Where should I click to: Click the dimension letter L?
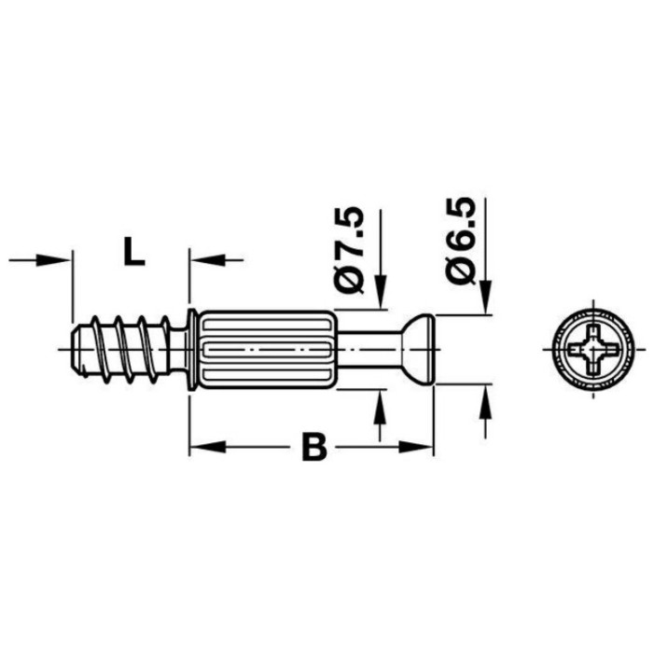tap(134, 253)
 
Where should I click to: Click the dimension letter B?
tap(314, 448)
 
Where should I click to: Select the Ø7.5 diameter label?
tap(349, 250)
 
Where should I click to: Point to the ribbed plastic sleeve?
tap(268, 349)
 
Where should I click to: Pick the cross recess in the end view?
tap(593, 349)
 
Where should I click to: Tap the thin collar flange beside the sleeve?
tap(192, 349)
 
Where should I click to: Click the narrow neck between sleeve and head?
tap(368, 349)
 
